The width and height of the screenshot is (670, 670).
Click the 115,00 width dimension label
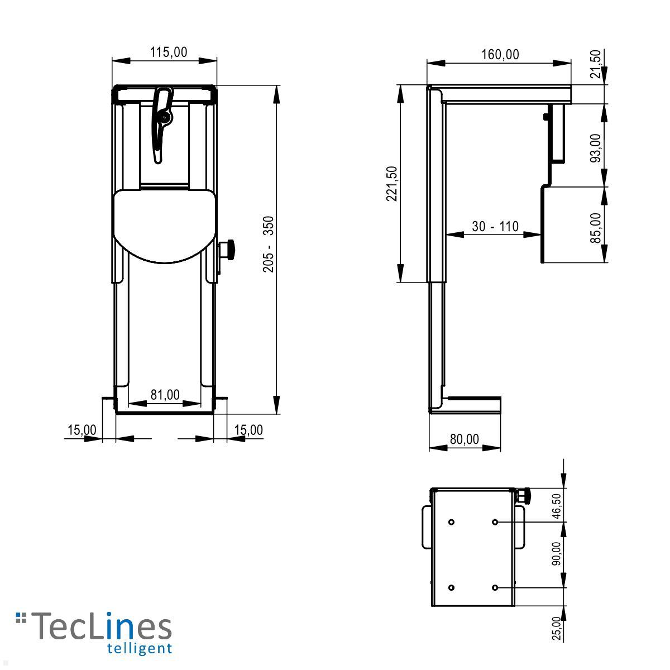tap(169, 52)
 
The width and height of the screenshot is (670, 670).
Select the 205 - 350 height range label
tap(269, 244)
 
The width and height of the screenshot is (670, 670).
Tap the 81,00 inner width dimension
tap(165, 395)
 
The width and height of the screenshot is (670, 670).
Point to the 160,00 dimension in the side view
tap(500, 54)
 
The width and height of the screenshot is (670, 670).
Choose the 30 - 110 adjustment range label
tap(495, 226)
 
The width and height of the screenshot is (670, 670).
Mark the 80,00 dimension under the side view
tap(464, 439)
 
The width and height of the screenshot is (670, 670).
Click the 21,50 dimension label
tap(597, 64)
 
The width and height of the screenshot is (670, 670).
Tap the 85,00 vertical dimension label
tap(596, 227)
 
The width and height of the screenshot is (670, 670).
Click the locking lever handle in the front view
tap(162, 123)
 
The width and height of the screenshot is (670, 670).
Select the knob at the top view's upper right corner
tap(524, 495)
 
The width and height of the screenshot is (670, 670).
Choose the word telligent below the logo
tap(138, 648)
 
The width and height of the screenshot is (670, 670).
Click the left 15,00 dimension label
tap(82, 430)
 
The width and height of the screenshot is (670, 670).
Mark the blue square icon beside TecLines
tap(21, 617)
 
